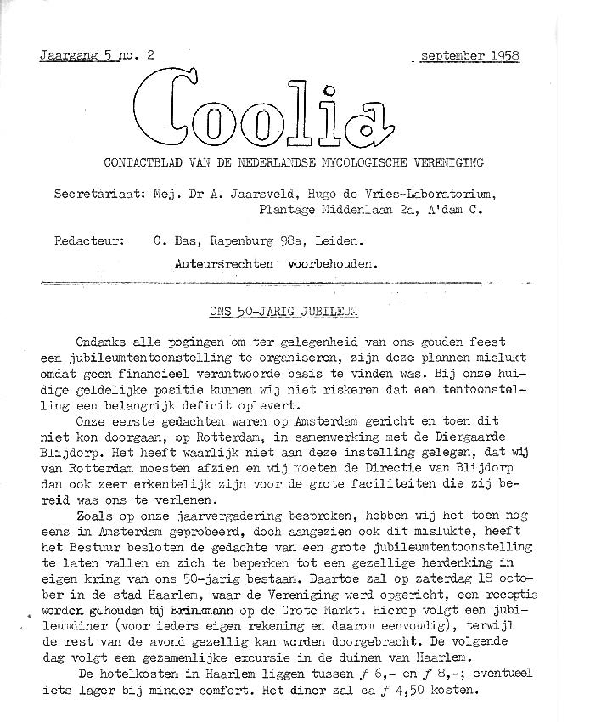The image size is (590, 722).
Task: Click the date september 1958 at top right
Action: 470,56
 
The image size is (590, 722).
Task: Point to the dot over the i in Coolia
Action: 329,91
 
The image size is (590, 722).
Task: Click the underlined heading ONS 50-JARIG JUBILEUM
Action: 284,312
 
